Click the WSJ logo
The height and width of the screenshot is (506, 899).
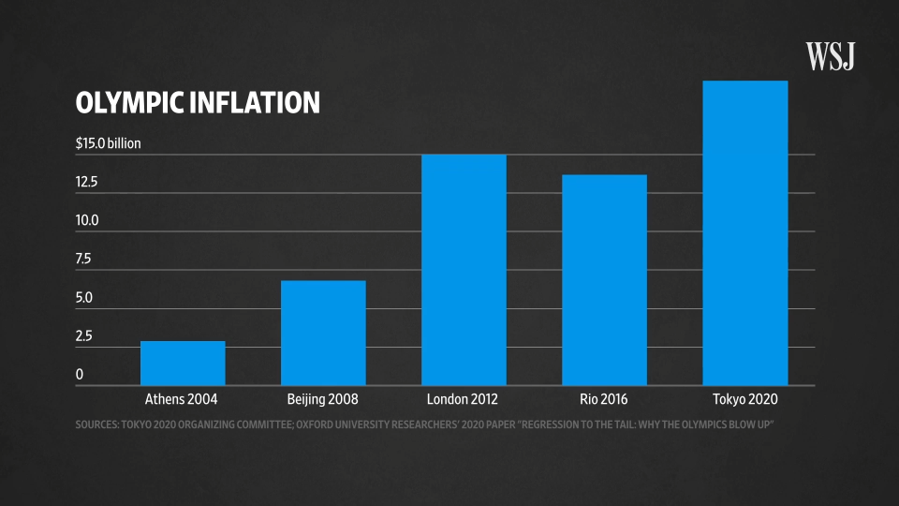coord(831,57)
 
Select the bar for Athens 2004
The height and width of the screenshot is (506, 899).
coord(183,363)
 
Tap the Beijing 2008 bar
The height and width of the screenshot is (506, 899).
coord(323,333)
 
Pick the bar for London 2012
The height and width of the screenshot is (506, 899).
coord(464,270)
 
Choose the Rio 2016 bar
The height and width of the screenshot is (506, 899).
coord(604,279)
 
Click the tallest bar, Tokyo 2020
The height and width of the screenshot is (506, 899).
coord(744,232)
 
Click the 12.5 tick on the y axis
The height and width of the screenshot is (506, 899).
coord(87,182)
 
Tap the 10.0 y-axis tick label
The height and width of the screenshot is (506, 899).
coord(87,220)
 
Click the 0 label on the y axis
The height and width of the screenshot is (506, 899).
coord(80,374)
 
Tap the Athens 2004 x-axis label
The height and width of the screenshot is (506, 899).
coord(183,399)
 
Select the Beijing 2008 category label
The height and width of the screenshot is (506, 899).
coord(323,399)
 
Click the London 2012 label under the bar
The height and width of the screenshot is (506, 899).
coord(464,399)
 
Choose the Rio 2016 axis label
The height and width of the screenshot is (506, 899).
coord(604,399)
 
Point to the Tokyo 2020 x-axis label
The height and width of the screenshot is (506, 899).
coord(744,399)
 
